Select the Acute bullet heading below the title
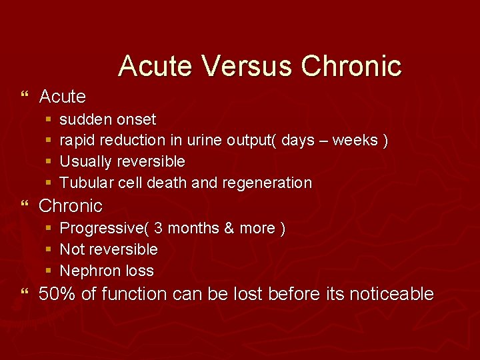point(63,97)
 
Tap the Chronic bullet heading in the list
point(71,205)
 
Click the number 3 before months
point(158,228)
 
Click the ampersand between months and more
point(229,228)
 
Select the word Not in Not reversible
point(71,249)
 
